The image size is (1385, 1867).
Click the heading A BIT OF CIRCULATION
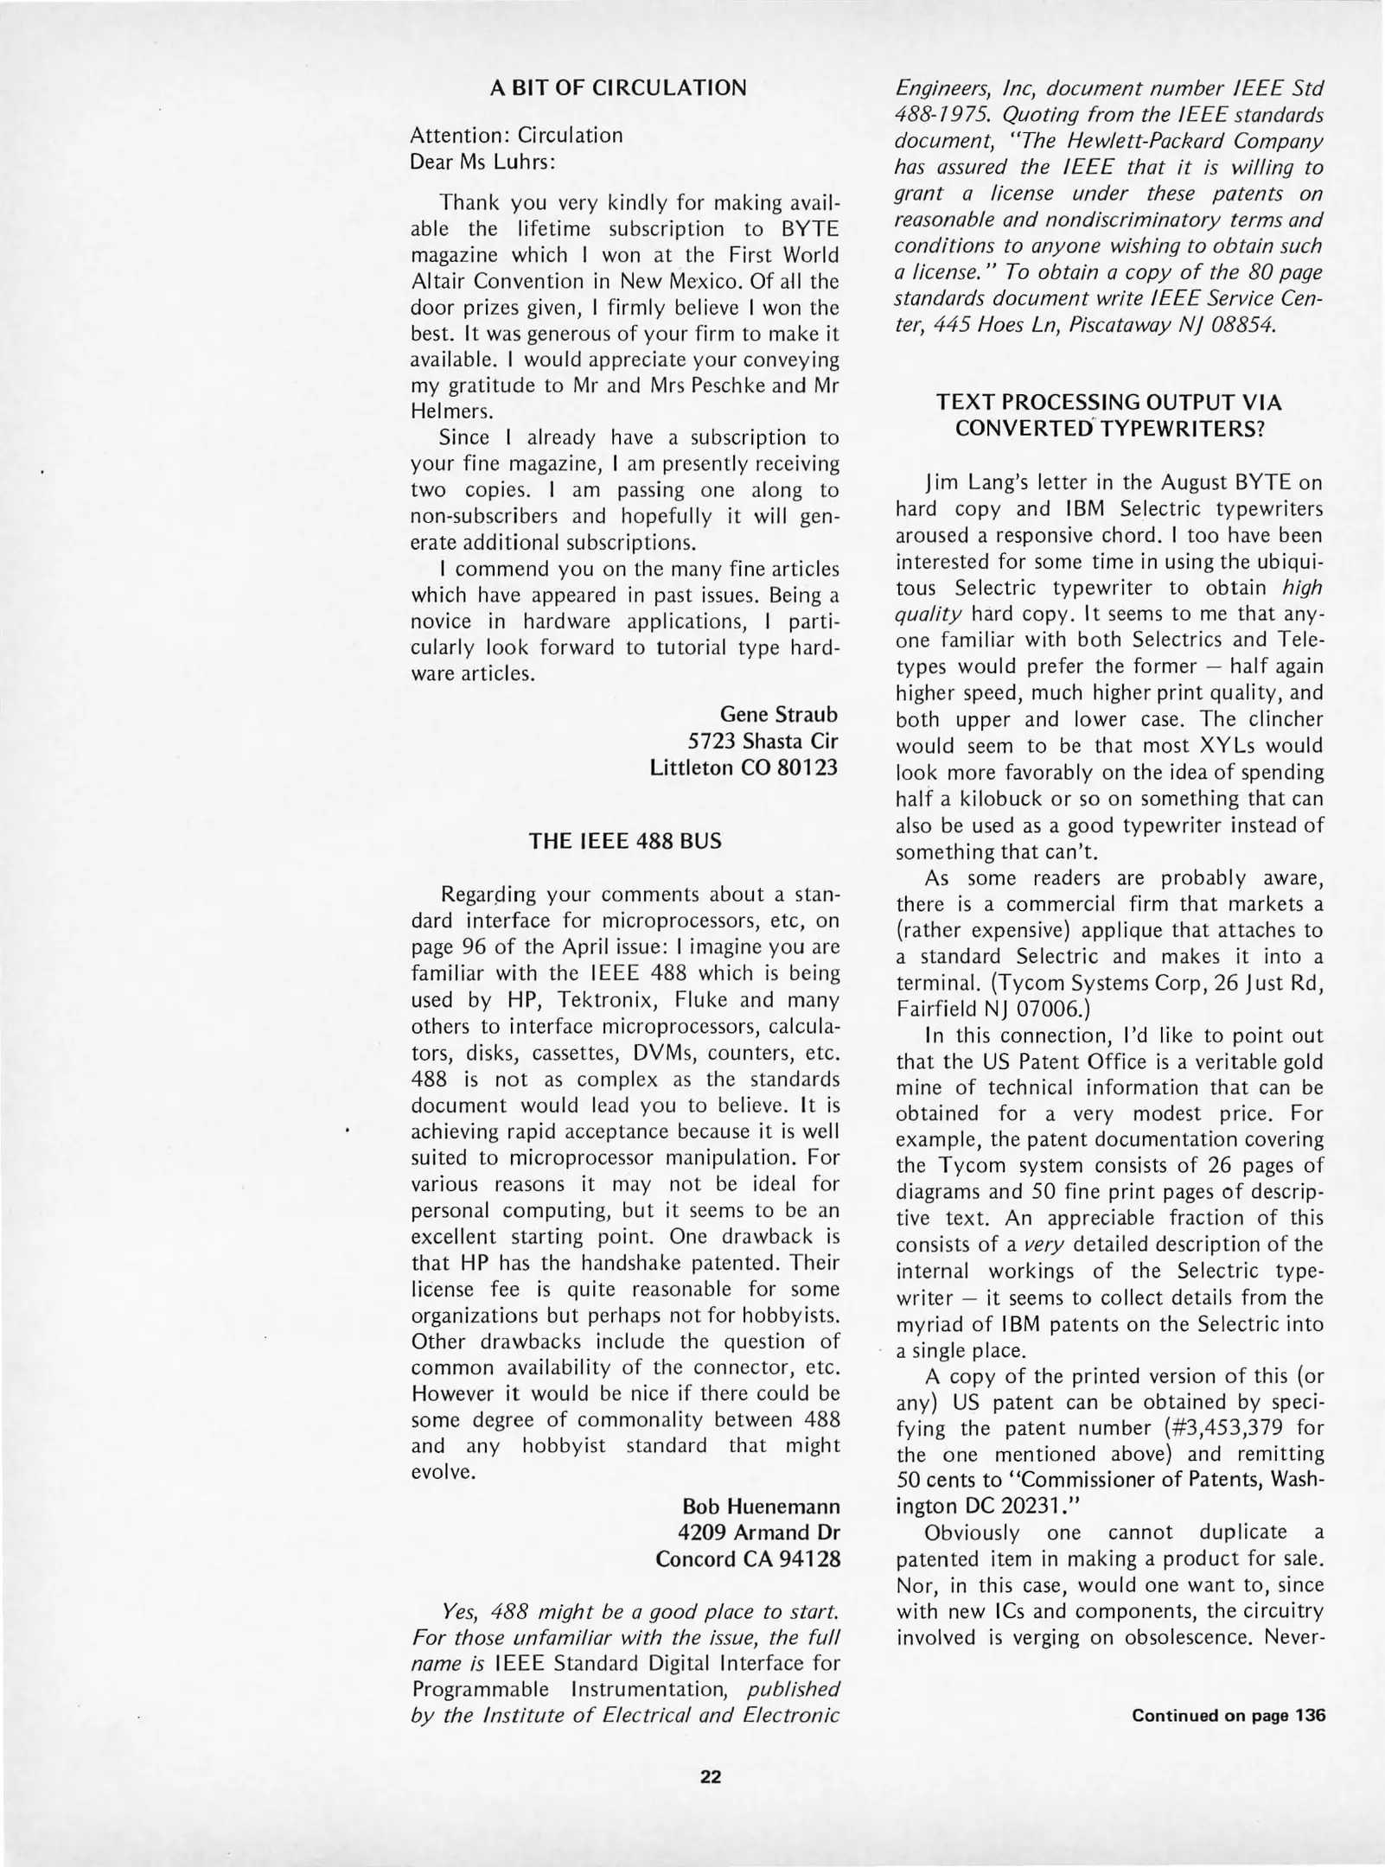point(617,87)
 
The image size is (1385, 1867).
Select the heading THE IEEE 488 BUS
point(624,841)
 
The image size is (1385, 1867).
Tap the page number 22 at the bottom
point(710,1776)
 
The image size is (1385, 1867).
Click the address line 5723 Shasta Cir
point(763,741)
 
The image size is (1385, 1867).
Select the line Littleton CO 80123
point(744,767)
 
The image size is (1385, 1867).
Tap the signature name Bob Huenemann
point(761,1506)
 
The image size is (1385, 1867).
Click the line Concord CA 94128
point(747,1558)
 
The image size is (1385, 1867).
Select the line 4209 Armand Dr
point(761,1532)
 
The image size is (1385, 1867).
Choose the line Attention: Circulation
point(516,136)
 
